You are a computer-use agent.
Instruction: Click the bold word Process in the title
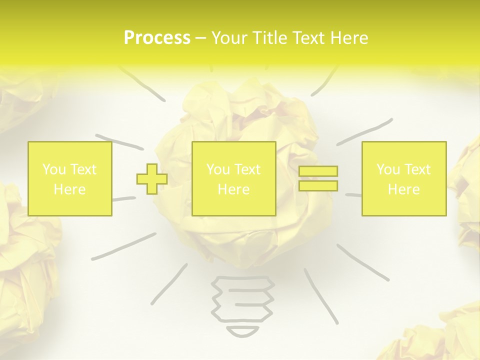pyautogui.click(x=157, y=38)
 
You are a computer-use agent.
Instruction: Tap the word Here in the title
pyautogui.click(x=348, y=38)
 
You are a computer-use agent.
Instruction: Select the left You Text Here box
pyautogui.click(x=70, y=179)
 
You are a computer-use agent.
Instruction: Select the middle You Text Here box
pyautogui.click(x=234, y=179)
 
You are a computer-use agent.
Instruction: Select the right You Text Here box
pyautogui.click(x=404, y=179)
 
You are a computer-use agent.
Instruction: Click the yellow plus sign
pyautogui.click(x=152, y=179)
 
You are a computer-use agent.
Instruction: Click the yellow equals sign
pyautogui.click(x=318, y=178)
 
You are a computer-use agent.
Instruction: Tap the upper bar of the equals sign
pyautogui.click(x=318, y=171)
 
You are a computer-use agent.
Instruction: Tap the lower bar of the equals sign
pyautogui.click(x=318, y=185)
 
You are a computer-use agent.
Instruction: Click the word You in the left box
pyautogui.click(x=54, y=169)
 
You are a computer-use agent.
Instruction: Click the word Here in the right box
pyautogui.click(x=404, y=189)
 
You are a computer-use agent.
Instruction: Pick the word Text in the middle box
pyautogui.click(x=247, y=169)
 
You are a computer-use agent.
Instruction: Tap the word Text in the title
pyautogui.click(x=308, y=38)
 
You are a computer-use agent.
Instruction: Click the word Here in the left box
pyautogui.click(x=70, y=189)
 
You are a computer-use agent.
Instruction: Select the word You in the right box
pyautogui.click(x=388, y=169)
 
